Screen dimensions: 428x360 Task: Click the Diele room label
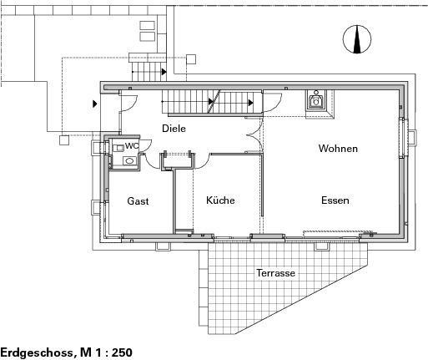click(x=174, y=129)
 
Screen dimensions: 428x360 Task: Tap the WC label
click(x=132, y=145)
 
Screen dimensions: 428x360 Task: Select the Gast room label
click(x=138, y=201)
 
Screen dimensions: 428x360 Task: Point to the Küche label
click(x=220, y=200)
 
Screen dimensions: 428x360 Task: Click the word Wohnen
click(x=338, y=149)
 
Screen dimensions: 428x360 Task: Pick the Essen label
click(x=335, y=200)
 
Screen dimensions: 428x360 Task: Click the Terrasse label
click(x=275, y=273)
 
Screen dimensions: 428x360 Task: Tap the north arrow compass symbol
click(x=357, y=39)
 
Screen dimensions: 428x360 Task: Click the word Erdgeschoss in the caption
click(x=37, y=352)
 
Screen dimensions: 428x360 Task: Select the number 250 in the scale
click(x=122, y=352)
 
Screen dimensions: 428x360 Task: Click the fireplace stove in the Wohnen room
click(x=316, y=100)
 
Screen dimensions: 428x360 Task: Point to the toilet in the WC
click(x=118, y=148)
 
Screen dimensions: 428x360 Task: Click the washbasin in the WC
click(x=129, y=160)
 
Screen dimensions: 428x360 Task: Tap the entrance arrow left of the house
click(x=95, y=104)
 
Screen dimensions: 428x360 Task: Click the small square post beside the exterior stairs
click(x=191, y=59)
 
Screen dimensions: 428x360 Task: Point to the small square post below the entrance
click(x=64, y=140)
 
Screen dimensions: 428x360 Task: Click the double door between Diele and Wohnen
click(x=254, y=135)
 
